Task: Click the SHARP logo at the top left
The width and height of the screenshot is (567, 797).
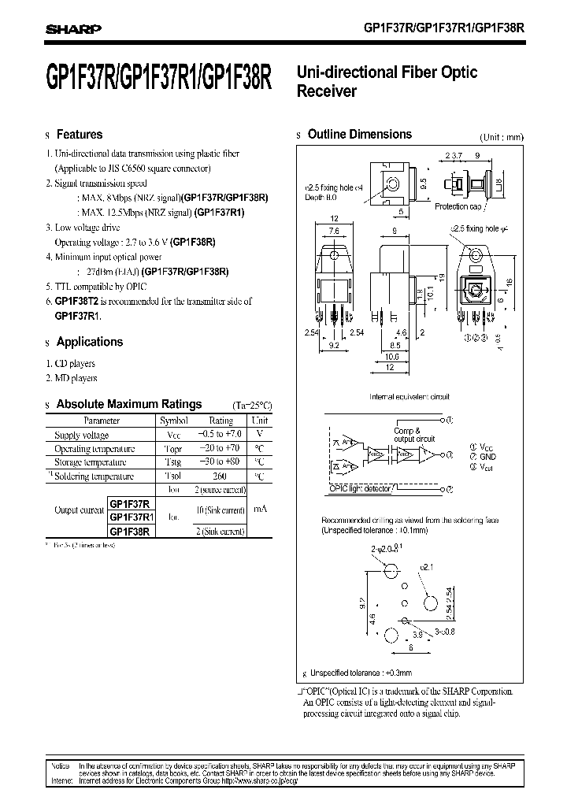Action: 72,29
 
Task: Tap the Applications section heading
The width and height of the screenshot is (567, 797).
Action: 89,342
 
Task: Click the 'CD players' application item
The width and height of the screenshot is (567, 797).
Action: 74,364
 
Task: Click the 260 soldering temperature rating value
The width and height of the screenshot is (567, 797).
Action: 220,476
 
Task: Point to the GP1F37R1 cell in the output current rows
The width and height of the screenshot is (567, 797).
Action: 132,517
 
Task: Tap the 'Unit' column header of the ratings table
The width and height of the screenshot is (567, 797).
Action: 259,421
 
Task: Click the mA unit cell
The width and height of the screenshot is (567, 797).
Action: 259,510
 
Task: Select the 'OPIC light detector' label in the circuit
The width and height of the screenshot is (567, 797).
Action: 360,489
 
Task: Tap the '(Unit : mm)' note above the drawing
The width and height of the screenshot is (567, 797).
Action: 501,137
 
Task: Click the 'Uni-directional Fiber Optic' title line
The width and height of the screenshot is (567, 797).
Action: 387,72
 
